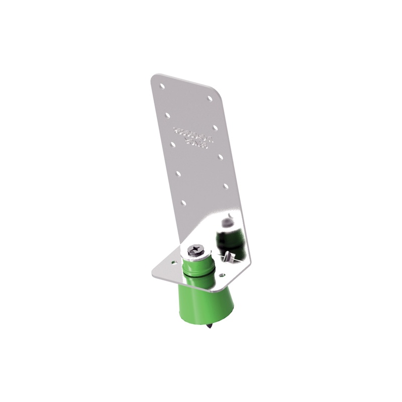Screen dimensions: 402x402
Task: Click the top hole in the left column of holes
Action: click(162, 86)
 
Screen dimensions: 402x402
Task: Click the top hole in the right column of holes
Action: click(209, 98)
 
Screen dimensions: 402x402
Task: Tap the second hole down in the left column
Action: click(167, 115)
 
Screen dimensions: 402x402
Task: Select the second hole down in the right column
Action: click(215, 128)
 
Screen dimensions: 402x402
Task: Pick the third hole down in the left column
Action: click(173, 144)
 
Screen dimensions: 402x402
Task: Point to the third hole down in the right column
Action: click(220, 157)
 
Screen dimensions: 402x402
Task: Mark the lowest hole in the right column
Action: click(226, 186)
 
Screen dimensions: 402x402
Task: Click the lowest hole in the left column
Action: click(183, 203)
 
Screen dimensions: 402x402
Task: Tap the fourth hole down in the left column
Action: click(178, 173)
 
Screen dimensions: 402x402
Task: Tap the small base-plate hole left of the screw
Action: click(174, 262)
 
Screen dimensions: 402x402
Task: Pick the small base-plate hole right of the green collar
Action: click(223, 275)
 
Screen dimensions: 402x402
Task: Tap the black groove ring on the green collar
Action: click(198, 274)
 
